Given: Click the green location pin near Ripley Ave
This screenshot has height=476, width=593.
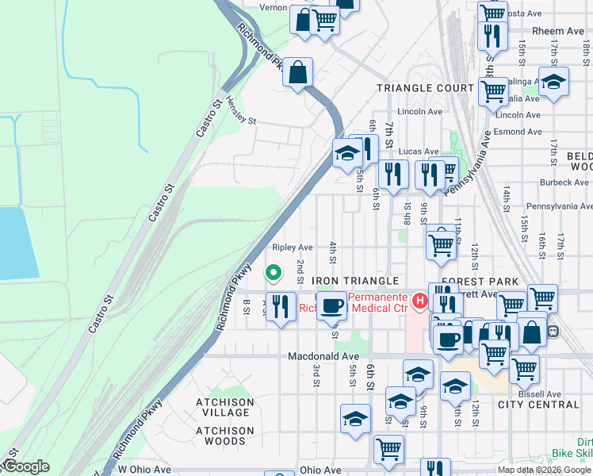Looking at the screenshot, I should [274, 273].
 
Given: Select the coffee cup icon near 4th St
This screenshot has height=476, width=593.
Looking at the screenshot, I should [331, 305].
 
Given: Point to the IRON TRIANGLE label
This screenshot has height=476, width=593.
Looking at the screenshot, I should [354, 282].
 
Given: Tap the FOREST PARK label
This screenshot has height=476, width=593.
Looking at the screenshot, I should [480, 282].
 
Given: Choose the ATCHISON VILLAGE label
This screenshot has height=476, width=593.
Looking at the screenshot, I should [225, 408].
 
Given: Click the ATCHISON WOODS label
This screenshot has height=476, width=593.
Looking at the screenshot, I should [225, 441].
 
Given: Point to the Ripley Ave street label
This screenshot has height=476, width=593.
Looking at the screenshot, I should [293, 248].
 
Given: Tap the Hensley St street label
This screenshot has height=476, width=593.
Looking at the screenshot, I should [241, 111].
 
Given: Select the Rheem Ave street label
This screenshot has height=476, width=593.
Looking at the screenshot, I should [547, 31].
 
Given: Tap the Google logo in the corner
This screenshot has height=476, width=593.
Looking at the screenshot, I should [25, 466].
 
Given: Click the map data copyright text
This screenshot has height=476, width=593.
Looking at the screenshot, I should [543, 470].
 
